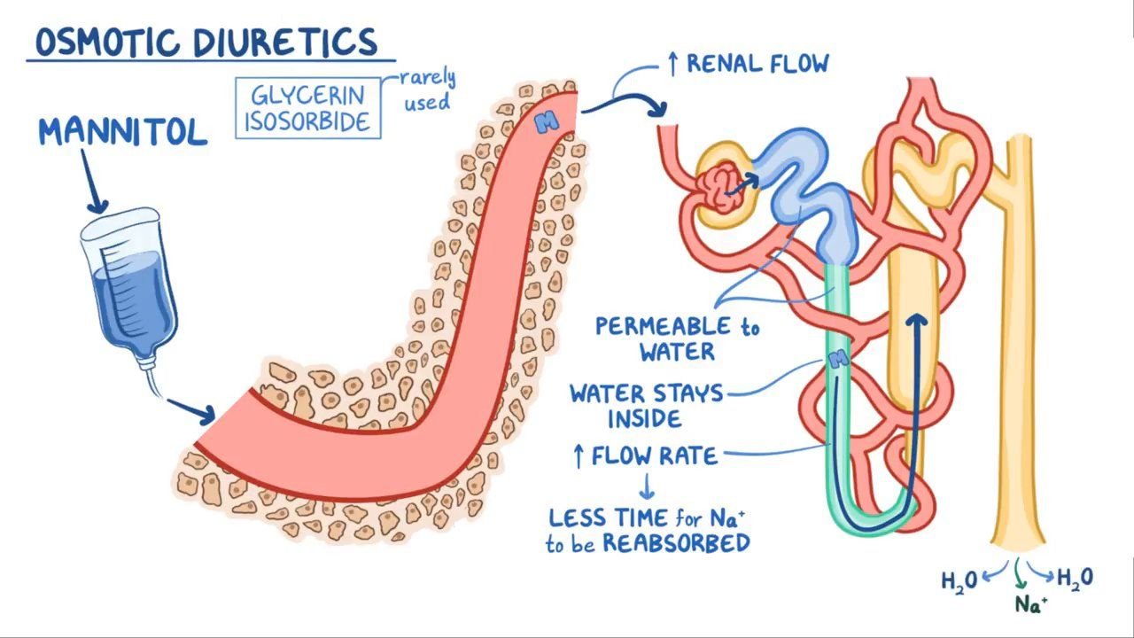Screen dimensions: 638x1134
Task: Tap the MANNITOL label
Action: click(x=122, y=132)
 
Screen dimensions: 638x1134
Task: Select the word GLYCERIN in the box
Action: click(x=307, y=96)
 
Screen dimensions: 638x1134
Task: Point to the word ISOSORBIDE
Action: click(x=307, y=121)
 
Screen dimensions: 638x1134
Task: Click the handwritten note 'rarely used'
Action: click(x=427, y=90)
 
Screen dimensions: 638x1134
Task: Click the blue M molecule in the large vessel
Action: click(x=548, y=123)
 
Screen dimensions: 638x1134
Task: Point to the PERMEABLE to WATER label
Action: click(x=677, y=338)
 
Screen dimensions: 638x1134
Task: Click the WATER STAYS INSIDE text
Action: click(x=646, y=404)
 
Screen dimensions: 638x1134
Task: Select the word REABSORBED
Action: click(x=675, y=543)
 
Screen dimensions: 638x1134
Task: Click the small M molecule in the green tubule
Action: click(x=837, y=359)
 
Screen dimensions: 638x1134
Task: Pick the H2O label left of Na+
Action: click(x=959, y=580)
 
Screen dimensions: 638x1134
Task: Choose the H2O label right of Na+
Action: click(x=1075, y=579)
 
